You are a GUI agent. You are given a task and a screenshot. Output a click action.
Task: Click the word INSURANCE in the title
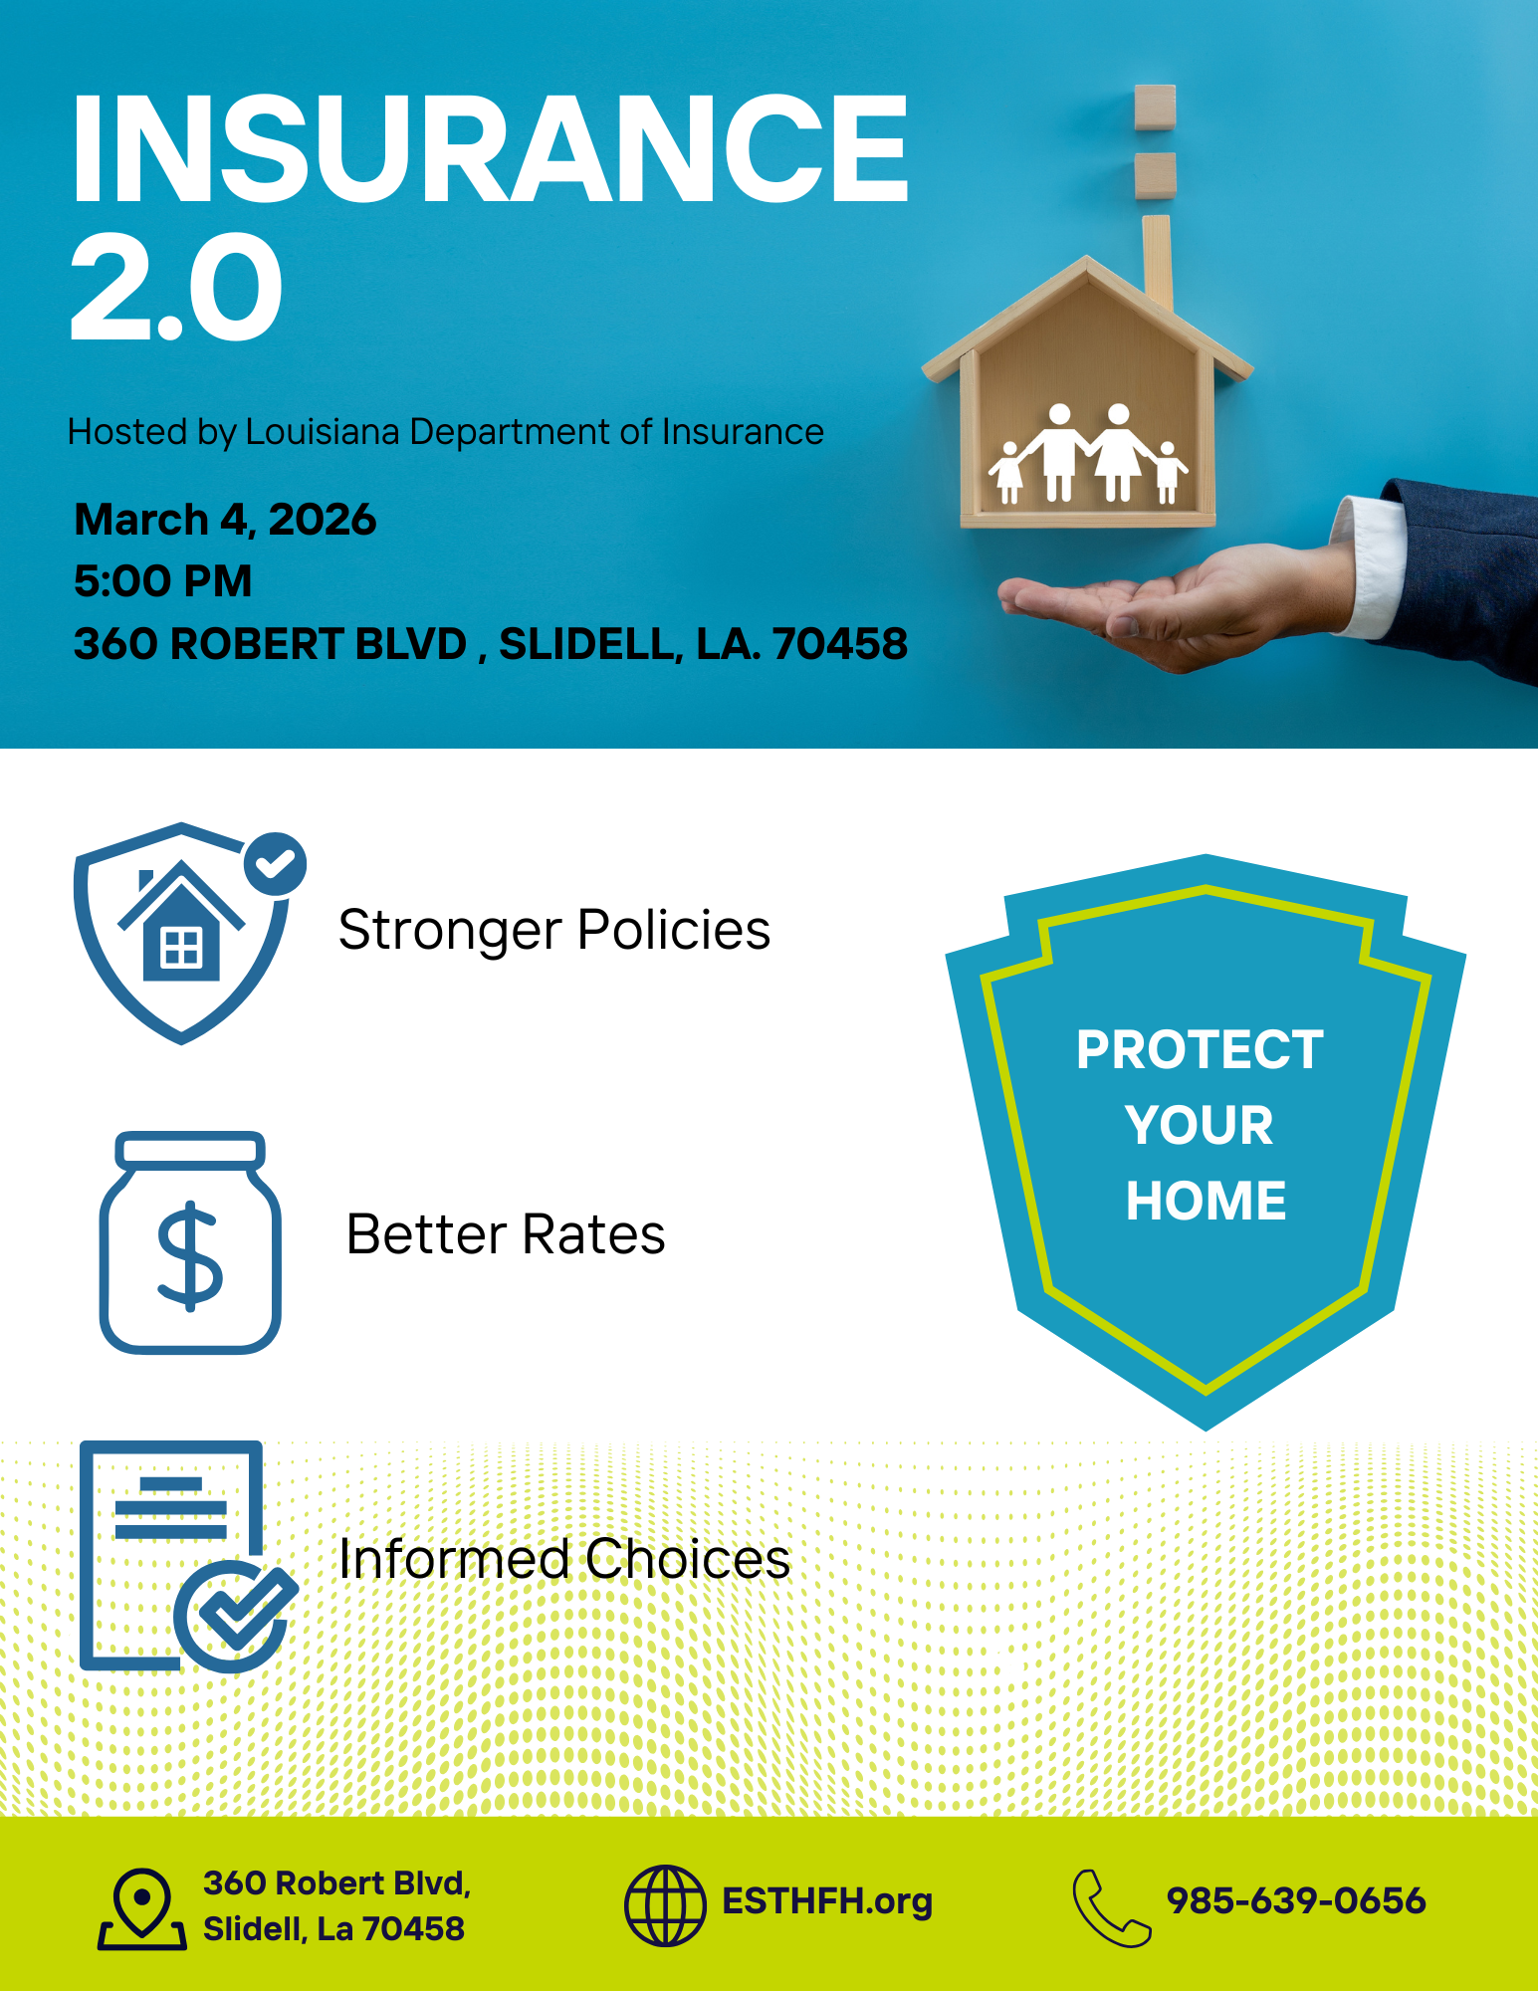pyautogui.click(x=490, y=149)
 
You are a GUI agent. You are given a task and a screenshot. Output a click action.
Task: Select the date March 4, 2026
pyautogui.click(x=225, y=520)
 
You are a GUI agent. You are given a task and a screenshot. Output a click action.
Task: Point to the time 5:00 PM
pyautogui.click(x=162, y=580)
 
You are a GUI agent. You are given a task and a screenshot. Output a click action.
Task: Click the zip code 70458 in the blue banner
pyautogui.click(x=840, y=644)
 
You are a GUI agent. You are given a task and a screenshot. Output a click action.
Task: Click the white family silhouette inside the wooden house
pyautogui.click(x=1087, y=454)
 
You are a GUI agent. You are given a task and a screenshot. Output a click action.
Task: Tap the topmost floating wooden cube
pyautogui.click(x=1155, y=107)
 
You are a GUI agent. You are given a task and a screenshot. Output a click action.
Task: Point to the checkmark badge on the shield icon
pyautogui.click(x=276, y=863)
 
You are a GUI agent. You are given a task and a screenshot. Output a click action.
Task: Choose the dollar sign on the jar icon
pyautogui.click(x=190, y=1256)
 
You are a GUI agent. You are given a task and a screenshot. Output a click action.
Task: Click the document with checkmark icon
pyautogui.click(x=188, y=1556)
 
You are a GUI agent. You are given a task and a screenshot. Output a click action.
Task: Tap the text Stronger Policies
pyautogui.click(x=554, y=931)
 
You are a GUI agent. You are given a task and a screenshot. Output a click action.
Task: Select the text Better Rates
pyautogui.click(x=506, y=1234)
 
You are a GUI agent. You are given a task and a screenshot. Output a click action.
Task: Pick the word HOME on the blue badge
pyautogui.click(x=1206, y=1201)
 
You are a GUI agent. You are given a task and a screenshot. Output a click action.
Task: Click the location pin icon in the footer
pyautogui.click(x=142, y=1908)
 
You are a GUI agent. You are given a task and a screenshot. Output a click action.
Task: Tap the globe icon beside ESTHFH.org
pyautogui.click(x=665, y=1905)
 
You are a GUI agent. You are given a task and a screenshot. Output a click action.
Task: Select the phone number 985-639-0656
pyautogui.click(x=1296, y=1901)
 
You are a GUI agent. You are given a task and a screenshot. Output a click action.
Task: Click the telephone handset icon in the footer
pyautogui.click(x=1111, y=1907)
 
